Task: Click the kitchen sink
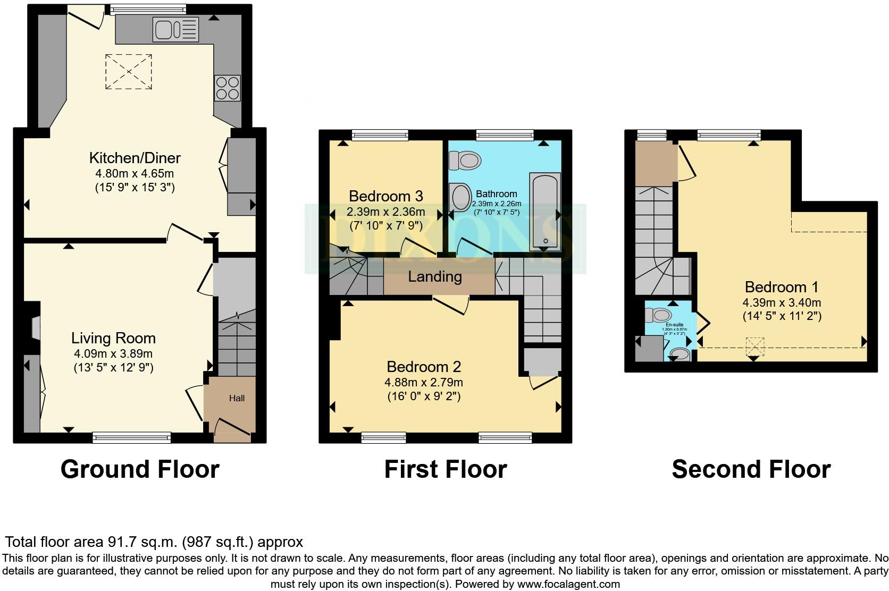click(175, 29)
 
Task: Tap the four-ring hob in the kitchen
click(227, 88)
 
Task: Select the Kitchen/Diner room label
click(135, 158)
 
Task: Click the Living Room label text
click(113, 338)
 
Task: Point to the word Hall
click(237, 398)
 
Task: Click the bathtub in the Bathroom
click(544, 211)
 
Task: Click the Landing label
click(435, 276)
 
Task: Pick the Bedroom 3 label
click(385, 196)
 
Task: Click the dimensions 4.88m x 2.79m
click(424, 382)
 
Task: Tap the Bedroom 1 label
click(781, 288)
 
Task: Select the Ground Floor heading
click(140, 469)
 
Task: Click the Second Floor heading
click(751, 469)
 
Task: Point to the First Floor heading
click(446, 469)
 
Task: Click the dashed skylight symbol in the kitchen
click(128, 72)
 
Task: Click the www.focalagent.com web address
click(568, 584)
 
